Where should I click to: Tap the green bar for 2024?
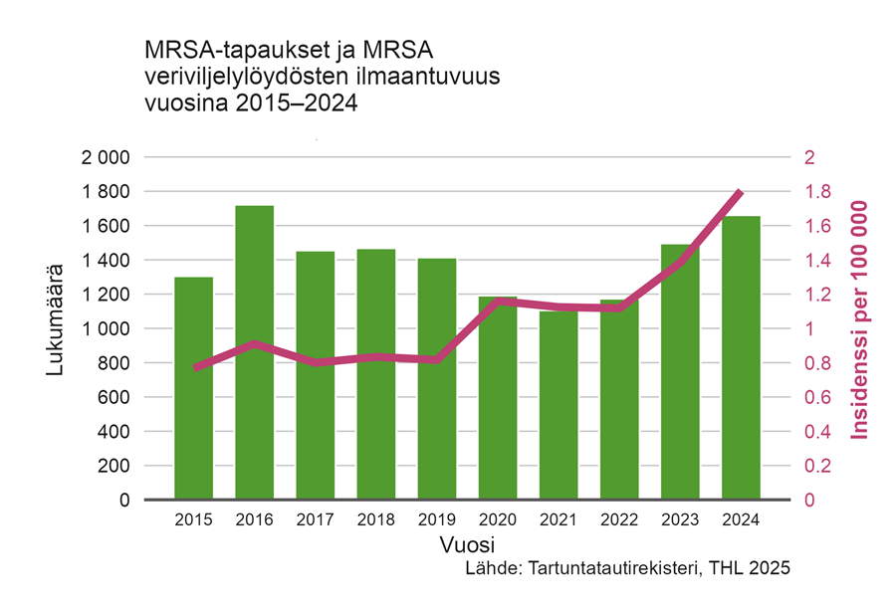click(741, 358)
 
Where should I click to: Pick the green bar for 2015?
click(193, 388)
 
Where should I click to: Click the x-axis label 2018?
click(376, 519)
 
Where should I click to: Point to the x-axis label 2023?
click(680, 519)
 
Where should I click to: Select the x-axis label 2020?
click(498, 519)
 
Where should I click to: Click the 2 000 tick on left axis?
click(106, 157)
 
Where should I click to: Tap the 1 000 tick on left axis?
click(106, 329)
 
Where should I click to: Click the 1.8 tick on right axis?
click(814, 192)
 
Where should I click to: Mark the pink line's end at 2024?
click(740, 191)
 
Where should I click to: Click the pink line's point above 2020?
click(498, 301)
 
